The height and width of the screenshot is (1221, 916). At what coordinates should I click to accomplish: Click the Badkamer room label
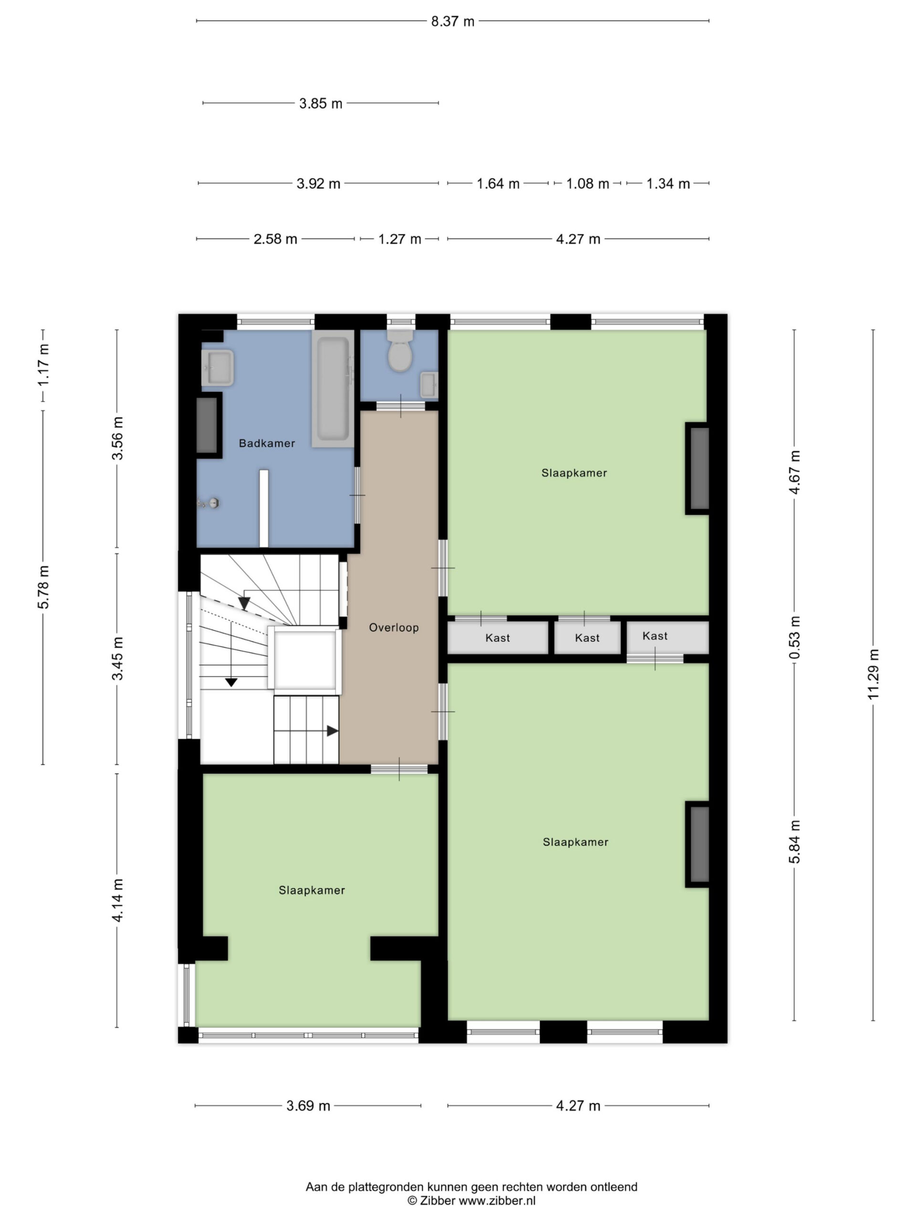click(267, 443)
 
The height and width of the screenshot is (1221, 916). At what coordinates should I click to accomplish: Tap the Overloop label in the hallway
click(394, 628)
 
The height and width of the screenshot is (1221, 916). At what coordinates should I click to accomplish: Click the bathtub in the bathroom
click(333, 389)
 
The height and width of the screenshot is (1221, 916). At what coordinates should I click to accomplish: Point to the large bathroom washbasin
click(218, 368)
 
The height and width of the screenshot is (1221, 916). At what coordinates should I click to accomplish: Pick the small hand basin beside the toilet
click(428, 385)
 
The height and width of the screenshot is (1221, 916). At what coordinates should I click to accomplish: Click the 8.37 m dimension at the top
click(453, 21)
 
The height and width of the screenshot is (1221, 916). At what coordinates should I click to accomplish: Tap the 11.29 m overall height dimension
click(873, 674)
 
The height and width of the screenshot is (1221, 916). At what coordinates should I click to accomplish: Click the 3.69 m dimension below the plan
click(308, 1106)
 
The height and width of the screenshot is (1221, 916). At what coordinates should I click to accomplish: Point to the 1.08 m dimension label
click(587, 184)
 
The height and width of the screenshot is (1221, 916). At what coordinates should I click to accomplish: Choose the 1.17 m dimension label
click(43, 365)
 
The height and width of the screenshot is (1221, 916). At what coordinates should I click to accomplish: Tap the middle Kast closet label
click(587, 638)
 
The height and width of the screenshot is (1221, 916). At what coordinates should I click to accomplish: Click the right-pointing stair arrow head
click(333, 731)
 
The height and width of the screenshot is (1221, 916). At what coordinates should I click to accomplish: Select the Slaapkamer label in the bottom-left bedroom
click(312, 890)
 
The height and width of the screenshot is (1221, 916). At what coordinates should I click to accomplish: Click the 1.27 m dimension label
click(400, 239)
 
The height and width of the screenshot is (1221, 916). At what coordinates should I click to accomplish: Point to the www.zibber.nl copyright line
click(471, 1200)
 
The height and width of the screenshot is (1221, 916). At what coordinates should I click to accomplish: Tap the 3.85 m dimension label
click(321, 104)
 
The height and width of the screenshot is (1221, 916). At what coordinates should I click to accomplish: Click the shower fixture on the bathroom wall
click(208, 503)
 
